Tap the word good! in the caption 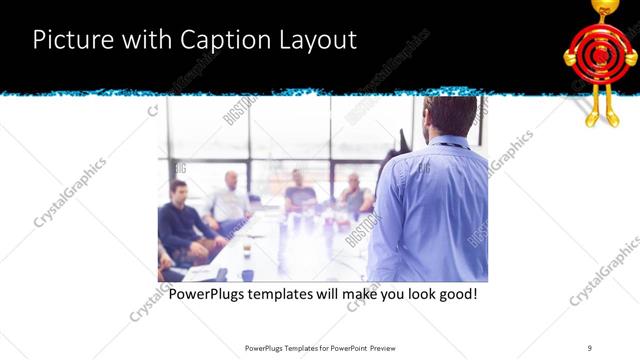click(455, 295)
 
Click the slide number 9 click(590, 347)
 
